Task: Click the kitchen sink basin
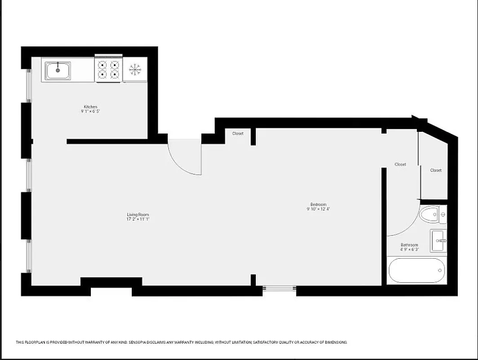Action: click(x=58, y=71)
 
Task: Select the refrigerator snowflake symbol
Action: click(x=135, y=69)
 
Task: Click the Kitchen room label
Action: click(x=90, y=107)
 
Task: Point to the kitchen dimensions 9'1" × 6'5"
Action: click(x=90, y=111)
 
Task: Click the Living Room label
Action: click(x=138, y=215)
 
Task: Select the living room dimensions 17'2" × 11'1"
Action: click(x=138, y=220)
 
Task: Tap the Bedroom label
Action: click(x=318, y=204)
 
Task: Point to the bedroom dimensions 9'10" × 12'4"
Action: click(x=318, y=209)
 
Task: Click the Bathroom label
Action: click(x=409, y=245)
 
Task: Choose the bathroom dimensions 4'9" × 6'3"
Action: click(x=409, y=249)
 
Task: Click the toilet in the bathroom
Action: click(x=430, y=214)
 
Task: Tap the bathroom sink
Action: click(x=439, y=241)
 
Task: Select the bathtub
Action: click(x=416, y=270)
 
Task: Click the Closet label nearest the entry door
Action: click(x=238, y=133)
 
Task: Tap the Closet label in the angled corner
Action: click(x=436, y=170)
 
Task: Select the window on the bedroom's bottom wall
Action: click(x=279, y=289)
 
